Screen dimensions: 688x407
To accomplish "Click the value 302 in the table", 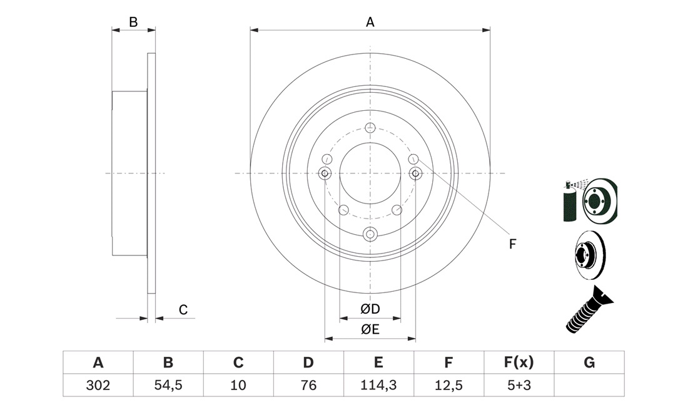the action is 98,385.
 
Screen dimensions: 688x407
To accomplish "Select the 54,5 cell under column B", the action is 168,385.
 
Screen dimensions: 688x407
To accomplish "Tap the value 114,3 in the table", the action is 378,385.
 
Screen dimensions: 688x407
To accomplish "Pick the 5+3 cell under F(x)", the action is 519,385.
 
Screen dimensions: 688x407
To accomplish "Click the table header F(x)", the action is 519,362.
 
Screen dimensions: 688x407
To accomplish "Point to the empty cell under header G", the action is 589,385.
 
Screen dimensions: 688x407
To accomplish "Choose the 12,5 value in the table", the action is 448,385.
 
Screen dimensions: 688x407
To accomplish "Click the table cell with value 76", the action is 308,385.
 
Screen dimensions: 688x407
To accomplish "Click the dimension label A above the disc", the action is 370,22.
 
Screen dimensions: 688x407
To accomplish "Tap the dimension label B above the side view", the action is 133,22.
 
